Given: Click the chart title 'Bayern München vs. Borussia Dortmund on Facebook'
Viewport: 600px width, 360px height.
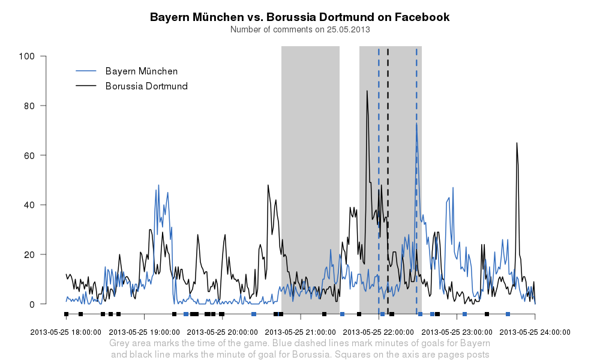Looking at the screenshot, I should (299, 17).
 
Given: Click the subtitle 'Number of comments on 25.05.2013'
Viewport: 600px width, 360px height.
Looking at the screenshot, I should (299, 29).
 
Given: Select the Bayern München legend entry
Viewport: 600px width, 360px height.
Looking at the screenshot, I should (141, 71).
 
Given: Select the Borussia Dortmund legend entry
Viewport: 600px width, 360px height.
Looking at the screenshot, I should (146, 86).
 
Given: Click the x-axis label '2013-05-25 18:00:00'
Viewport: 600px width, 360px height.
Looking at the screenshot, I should (65, 332).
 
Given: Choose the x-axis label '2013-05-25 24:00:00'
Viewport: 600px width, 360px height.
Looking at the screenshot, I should (535, 332).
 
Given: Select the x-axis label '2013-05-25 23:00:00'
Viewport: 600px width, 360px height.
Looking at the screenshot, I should (457, 332).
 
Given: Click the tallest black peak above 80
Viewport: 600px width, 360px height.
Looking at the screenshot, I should (367, 92).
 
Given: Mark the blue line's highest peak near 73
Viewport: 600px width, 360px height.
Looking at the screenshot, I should (416, 124).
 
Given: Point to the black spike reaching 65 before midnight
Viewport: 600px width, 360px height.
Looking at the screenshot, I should (517, 143).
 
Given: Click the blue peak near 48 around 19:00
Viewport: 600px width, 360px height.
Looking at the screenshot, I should (158, 186).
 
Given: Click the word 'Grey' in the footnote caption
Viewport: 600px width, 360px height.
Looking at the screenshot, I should (119, 344).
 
